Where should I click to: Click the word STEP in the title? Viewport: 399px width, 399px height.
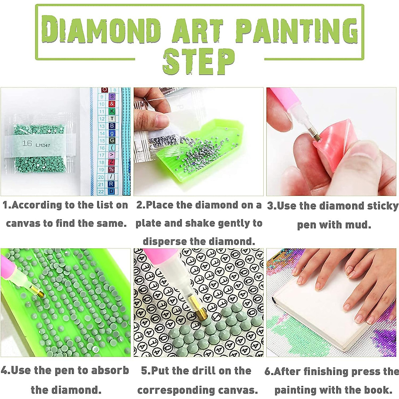point(199,62)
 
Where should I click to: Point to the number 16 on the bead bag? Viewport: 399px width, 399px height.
point(27,143)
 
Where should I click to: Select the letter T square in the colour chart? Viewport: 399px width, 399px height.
point(112,119)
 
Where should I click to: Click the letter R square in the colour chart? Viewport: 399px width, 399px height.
point(112,184)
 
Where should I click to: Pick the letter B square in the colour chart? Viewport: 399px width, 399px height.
point(112,126)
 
